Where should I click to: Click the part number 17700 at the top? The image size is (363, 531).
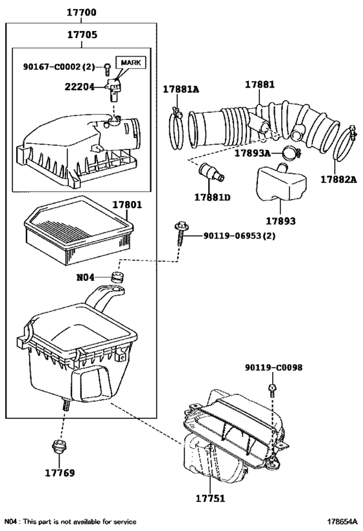coord(81,12)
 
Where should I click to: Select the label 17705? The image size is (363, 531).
coord(82,34)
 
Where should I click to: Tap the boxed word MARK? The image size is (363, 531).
coord(131,63)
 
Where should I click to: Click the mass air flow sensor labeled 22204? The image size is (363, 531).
coord(114,89)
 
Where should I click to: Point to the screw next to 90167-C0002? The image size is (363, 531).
coord(108,69)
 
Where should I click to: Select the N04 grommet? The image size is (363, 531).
coord(118,277)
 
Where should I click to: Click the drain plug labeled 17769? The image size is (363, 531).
coord(59,446)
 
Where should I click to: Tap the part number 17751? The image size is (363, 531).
coord(210,499)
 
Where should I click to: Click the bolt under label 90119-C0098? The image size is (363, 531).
coord(272,390)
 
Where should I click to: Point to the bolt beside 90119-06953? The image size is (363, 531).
coord(180,234)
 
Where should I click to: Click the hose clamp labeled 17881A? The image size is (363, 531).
coord(176,128)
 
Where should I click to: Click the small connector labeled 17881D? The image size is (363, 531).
coord(211,172)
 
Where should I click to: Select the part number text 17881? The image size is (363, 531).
coord(260,84)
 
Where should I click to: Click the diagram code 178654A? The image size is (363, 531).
coord(342,522)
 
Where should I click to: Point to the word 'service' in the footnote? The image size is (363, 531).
coord(124,522)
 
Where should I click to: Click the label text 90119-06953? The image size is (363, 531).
coord(239,235)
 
